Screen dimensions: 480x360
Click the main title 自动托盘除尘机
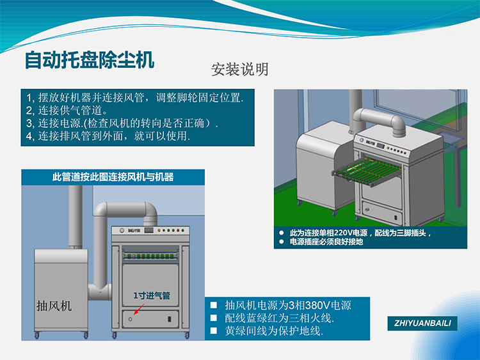pyautogui.click(x=90, y=60)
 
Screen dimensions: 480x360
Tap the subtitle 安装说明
pyautogui.click(x=240, y=70)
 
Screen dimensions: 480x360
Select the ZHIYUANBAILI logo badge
pyautogui.click(x=422, y=324)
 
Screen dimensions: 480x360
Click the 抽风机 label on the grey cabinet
pyautogui.click(x=54, y=306)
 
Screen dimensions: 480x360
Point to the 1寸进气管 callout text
pyautogui.click(x=152, y=295)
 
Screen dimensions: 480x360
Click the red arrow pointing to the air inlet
pyautogui.click(x=140, y=309)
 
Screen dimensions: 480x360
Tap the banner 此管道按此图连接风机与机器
pyautogui.click(x=113, y=176)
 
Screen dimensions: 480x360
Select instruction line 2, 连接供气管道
pyautogui.click(x=67, y=111)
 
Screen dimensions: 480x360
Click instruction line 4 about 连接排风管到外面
pyautogui.click(x=108, y=136)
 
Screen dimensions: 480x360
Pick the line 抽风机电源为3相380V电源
pyautogui.click(x=288, y=305)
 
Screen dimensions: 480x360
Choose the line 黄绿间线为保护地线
pyautogui.click(x=274, y=331)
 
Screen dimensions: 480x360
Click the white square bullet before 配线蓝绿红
pyautogui.click(x=213, y=318)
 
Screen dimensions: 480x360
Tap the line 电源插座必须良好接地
pyautogui.click(x=326, y=242)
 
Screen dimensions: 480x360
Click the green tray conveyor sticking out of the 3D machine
pyautogui.click(x=367, y=171)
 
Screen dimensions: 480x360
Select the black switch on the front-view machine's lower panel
pyautogui.click(x=169, y=319)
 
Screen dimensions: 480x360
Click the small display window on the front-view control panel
pyautogui.click(x=148, y=230)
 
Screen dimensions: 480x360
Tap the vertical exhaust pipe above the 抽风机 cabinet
pyautogui.click(x=76, y=217)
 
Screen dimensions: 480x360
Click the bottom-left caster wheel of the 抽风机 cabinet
pyautogui.click(x=37, y=336)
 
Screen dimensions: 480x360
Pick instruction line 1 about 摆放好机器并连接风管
pyautogui.click(x=134, y=98)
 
